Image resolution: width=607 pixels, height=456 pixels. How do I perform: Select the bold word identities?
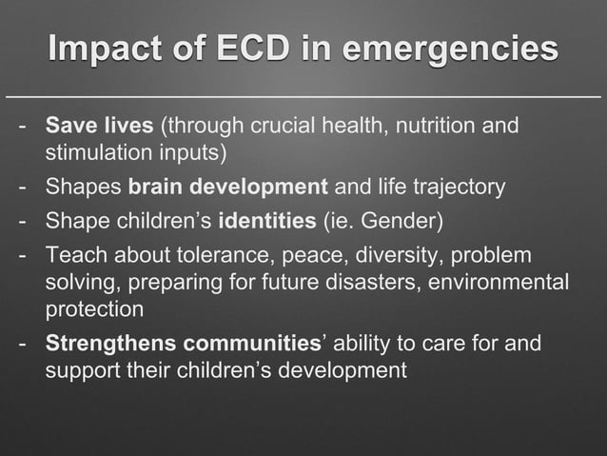[267, 223]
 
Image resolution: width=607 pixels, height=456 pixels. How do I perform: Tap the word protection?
[94, 309]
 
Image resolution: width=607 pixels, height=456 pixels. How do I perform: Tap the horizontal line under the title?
[303, 97]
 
